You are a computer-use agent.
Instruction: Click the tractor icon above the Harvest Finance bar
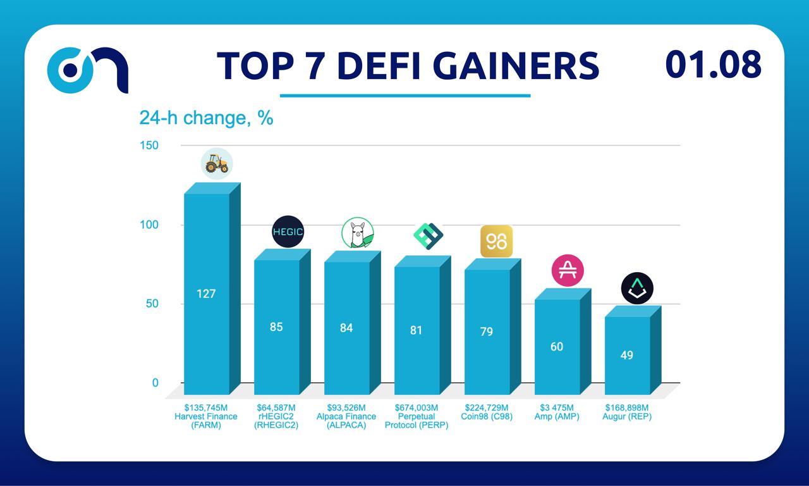coord(217,165)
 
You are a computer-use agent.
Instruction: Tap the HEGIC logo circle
coord(288,232)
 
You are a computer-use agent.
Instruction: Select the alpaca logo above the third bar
coord(358,233)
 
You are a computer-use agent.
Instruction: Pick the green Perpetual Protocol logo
coord(428,236)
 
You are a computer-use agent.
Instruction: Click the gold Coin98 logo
coord(496,242)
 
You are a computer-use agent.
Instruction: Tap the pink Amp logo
coord(568,270)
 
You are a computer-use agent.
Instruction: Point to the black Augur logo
coord(636,289)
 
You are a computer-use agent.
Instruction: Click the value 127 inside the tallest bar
coord(206,294)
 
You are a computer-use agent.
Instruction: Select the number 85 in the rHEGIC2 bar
coord(276,327)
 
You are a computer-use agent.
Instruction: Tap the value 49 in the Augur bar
coord(626,355)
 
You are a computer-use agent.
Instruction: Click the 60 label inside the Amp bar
coord(556,347)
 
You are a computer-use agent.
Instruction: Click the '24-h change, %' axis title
coord(206,118)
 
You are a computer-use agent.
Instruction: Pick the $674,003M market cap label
coord(416,408)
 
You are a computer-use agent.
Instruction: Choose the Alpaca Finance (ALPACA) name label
coord(346,421)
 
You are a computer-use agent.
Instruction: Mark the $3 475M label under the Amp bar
coord(556,408)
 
